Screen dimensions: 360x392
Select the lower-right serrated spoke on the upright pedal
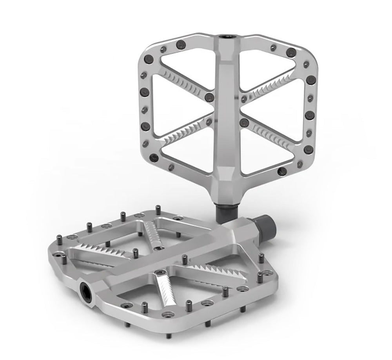tap(270, 132)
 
